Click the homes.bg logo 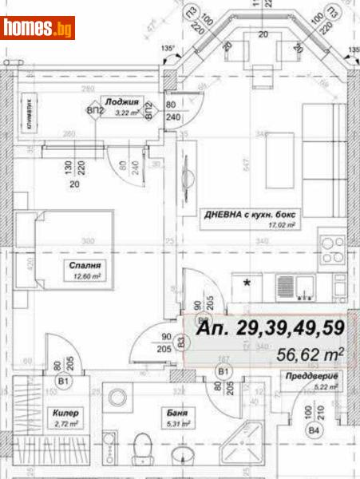coord(38,28)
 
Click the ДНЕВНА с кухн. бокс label coord(247,213)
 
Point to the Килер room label coord(65,414)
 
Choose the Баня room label coord(177,414)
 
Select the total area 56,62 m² coord(307,352)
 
